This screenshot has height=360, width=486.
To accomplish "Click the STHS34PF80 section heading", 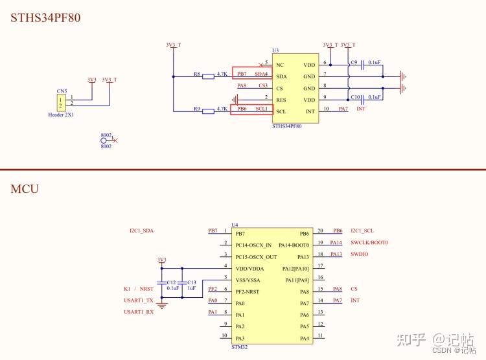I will (x=45, y=17).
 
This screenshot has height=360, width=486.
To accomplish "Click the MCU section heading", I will (x=25, y=189).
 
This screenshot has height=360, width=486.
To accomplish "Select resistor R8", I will (x=208, y=76).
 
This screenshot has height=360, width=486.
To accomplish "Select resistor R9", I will (x=208, y=111).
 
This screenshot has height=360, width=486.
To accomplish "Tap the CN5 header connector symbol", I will (x=61, y=102).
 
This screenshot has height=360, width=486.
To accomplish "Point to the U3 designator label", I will (x=275, y=50).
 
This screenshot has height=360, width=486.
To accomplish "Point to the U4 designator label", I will (x=235, y=225).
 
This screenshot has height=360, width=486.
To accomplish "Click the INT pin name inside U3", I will (x=310, y=111).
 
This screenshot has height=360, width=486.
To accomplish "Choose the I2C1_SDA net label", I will (x=141, y=231).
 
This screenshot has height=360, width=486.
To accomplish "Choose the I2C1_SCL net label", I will (x=362, y=231).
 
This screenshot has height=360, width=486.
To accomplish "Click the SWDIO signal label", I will (x=360, y=254).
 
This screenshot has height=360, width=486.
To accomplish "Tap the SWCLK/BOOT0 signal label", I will (x=369, y=242).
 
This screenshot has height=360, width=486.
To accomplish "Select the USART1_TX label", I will (x=139, y=300).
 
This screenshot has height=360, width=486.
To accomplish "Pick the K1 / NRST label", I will (x=139, y=289).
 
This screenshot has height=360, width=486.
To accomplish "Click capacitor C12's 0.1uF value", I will (x=172, y=288).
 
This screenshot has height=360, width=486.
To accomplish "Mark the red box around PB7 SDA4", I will (x=252, y=74).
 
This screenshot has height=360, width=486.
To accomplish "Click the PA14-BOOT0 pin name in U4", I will (x=294, y=245).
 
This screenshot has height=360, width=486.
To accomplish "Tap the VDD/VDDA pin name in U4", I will (x=251, y=268).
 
